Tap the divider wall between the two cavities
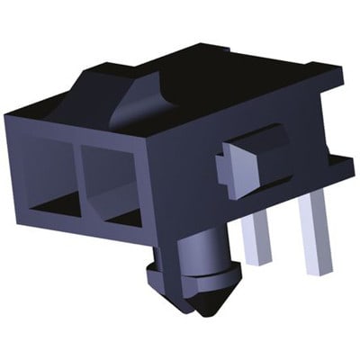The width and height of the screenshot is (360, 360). click(78, 180)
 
